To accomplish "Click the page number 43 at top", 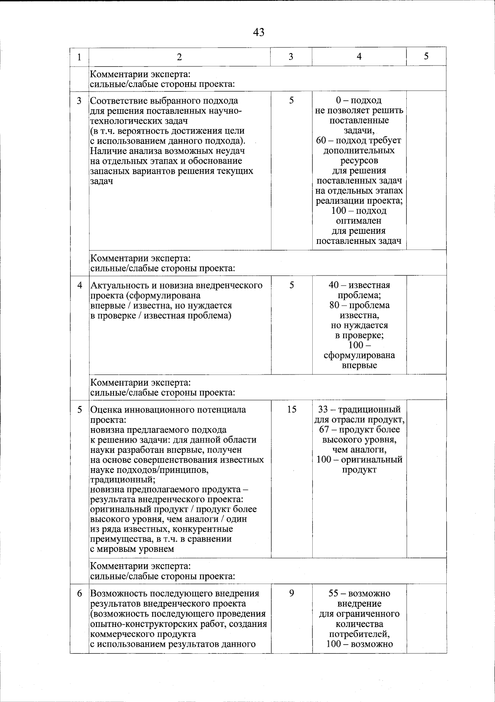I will coord(259,32).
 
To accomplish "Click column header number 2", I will coord(179,57).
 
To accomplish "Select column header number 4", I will coord(359,57).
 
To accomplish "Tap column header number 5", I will coord(426,56).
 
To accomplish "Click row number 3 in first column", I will coord(79,101).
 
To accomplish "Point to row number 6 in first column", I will coord(79,594).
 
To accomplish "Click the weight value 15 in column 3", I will coord(291,410).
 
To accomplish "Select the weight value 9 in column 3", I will coord(291,594).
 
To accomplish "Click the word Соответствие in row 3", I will coord(118,101).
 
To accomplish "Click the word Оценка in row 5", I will coord(104,410).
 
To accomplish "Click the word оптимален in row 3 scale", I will coord(359,221).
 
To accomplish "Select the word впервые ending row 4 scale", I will coord(359,365).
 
